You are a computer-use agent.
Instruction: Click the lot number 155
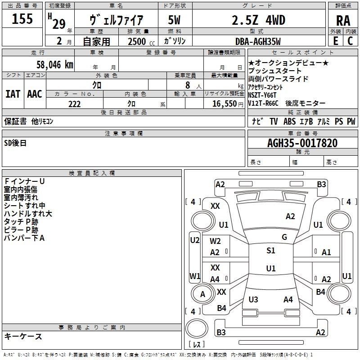pyautogui.click(x=22, y=18)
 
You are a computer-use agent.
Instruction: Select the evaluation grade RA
pyautogui.click(x=343, y=21)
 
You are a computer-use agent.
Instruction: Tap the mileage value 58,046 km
pyautogui.click(x=55, y=64)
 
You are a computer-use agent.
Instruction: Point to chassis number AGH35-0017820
pyautogui.click(x=302, y=143)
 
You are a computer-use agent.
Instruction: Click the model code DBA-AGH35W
pyautogui.click(x=258, y=41)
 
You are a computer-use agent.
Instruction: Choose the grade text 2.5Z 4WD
pyautogui.click(x=258, y=20)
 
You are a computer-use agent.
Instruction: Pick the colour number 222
pyautogui.click(x=74, y=104)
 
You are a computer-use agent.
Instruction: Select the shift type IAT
pyautogui.click(x=13, y=94)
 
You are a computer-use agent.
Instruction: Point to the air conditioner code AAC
pyautogui.click(x=35, y=94)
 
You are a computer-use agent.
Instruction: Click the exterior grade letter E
pyautogui.click(x=335, y=41)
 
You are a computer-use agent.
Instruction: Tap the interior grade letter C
pyautogui.click(x=350, y=41)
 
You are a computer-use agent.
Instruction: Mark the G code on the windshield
pyautogui.click(x=284, y=237)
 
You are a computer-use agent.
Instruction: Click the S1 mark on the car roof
pyautogui.click(x=271, y=251)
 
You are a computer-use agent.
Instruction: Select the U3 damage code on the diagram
pyautogui.click(x=253, y=299)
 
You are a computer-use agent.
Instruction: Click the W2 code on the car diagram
pyautogui.click(x=215, y=241)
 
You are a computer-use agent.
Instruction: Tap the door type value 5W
pyautogui.click(x=174, y=20)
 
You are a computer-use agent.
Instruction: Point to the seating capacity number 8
pyautogui.click(x=188, y=85)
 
